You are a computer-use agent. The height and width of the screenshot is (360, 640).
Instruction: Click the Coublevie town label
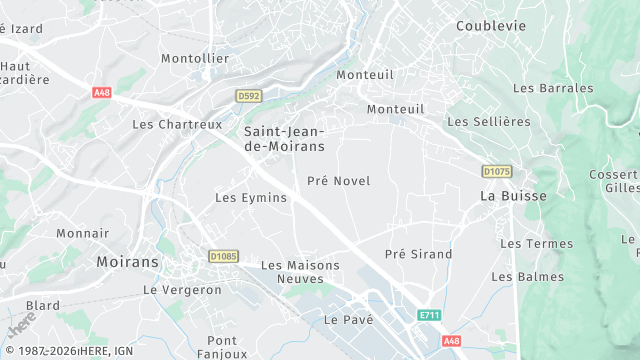tap(490, 26)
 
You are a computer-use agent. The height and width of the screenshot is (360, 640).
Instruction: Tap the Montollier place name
tap(195, 58)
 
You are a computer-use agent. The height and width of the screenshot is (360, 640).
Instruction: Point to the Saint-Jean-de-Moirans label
tap(285, 138)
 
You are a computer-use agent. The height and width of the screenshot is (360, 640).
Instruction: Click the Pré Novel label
tap(338, 181)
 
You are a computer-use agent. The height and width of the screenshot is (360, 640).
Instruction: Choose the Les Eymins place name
tap(251, 198)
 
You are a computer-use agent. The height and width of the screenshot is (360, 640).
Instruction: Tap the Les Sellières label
tap(488, 122)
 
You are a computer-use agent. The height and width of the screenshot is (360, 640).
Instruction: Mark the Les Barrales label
tap(552, 88)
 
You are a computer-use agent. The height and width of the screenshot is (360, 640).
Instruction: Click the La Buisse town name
tap(513, 196)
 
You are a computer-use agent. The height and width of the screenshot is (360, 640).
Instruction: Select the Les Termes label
tap(536, 244)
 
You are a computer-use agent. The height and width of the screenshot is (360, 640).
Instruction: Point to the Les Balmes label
tap(527, 276)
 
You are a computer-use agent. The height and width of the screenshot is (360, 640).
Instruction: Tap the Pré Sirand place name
tap(418, 254)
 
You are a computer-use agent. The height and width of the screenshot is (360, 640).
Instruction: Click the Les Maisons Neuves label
tap(300, 273)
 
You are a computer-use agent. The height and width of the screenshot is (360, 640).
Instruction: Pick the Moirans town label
tap(127, 262)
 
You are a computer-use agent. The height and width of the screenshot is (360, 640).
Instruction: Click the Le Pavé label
tap(348, 319)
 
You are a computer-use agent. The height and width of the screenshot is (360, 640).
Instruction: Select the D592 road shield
tap(249, 96)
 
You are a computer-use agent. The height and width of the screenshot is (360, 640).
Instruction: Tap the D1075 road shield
tap(496, 172)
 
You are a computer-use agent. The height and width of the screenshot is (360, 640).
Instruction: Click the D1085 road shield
tap(224, 257)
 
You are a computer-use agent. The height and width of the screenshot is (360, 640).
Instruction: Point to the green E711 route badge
tap(429, 315)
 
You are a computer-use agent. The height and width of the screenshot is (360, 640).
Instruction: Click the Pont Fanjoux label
tap(222, 347)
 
